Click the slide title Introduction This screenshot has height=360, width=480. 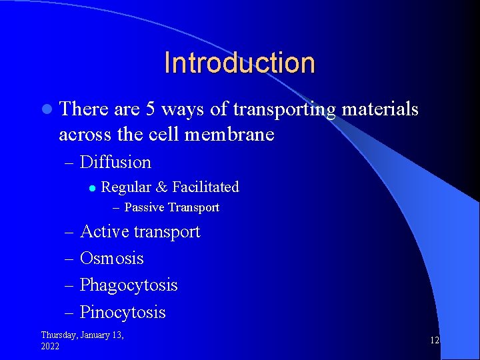click(x=239, y=63)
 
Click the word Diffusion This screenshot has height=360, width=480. click(x=115, y=162)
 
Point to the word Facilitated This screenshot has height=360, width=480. click(x=207, y=187)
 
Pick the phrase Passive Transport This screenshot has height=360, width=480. click(x=172, y=207)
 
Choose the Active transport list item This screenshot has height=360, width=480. click(x=140, y=232)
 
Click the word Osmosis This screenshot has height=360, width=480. click(x=112, y=259)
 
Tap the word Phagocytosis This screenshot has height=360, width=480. click(x=129, y=285)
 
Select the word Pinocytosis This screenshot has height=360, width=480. click(x=123, y=312)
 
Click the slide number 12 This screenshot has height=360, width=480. click(x=434, y=340)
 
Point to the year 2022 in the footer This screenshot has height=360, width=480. click(x=50, y=347)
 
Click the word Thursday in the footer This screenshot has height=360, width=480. click(x=61, y=335)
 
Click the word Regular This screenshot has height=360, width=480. click(x=126, y=187)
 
